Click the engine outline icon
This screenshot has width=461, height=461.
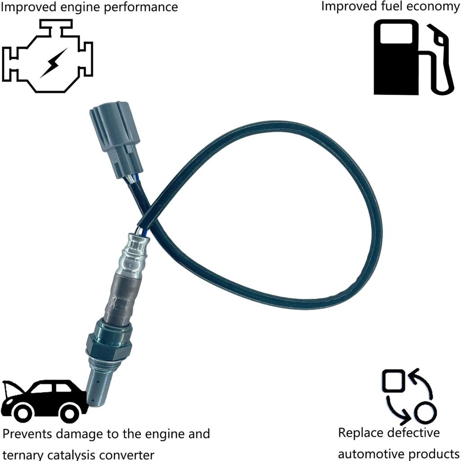pyautogui.click(x=47, y=56)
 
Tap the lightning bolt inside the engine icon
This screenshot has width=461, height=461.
pyautogui.click(x=53, y=63)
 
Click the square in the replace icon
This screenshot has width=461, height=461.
pyautogui.click(x=394, y=380)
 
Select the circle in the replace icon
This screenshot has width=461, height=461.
pyautogui.click(x=425, y=413)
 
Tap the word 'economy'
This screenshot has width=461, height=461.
pyautogui.click(x=434, y=7)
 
